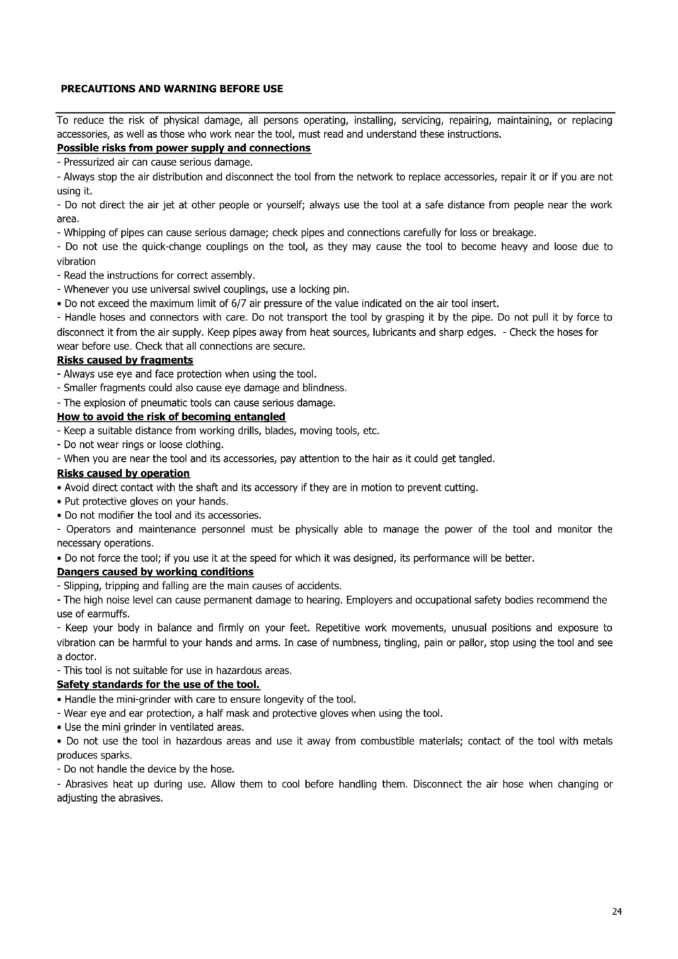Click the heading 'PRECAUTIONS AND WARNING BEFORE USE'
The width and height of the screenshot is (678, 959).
[172, 89]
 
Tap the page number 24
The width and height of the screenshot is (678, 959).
[617, 911]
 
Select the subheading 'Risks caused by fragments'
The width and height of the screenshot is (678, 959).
[125, 360]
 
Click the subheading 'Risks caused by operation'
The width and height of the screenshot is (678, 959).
[123, 473]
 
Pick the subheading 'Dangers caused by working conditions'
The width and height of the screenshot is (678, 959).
[155, 572]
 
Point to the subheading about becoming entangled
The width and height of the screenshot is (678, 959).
[171, 417]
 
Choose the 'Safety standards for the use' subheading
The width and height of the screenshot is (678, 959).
[158, 685]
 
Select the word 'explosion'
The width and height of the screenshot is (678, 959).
[100, 403]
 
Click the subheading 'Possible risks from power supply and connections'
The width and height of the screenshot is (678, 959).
[184, 148]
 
